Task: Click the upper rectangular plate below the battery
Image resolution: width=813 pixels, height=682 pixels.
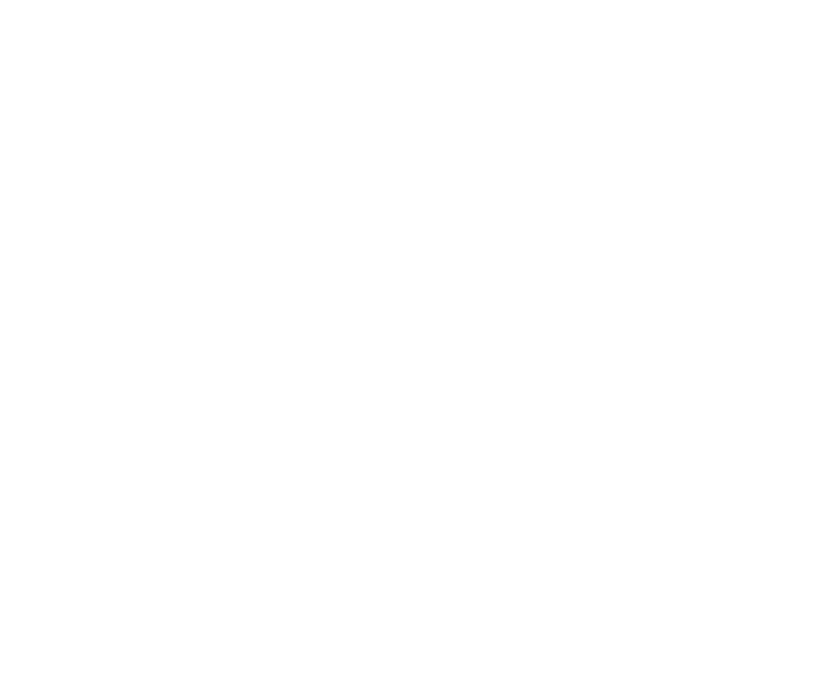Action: click(x=472, y=532)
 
